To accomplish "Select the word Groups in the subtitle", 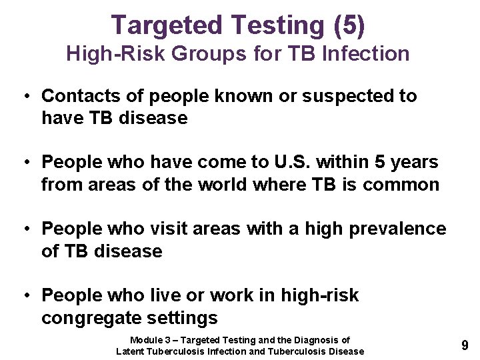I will tap(197, 54).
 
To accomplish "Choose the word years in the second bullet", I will tap(412, 162).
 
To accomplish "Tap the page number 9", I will tap(464, 345).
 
